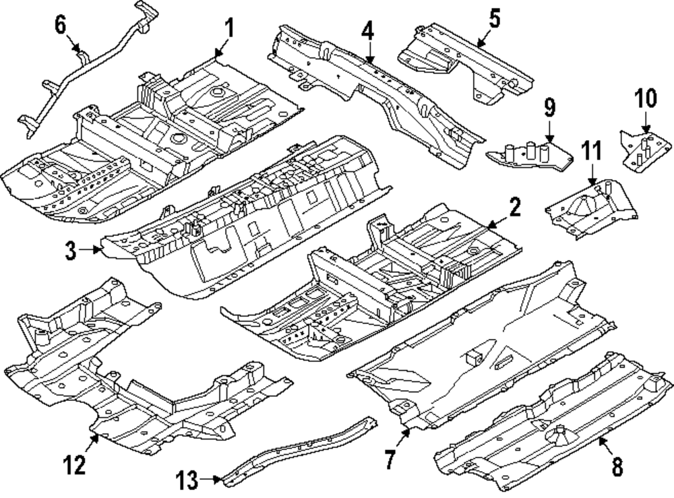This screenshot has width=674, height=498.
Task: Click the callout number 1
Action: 228,29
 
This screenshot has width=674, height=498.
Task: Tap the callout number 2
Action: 514,208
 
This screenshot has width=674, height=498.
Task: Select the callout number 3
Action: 71,251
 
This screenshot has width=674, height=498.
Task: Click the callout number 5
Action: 495,18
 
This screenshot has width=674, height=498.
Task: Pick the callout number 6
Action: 61,25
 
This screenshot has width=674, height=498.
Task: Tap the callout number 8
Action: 617,464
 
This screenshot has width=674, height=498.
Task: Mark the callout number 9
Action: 549,106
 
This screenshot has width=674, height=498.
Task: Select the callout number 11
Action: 591,153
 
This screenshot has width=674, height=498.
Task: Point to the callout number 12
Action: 75,464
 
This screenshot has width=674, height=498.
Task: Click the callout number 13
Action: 189,480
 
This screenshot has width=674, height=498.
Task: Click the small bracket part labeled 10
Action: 645,150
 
